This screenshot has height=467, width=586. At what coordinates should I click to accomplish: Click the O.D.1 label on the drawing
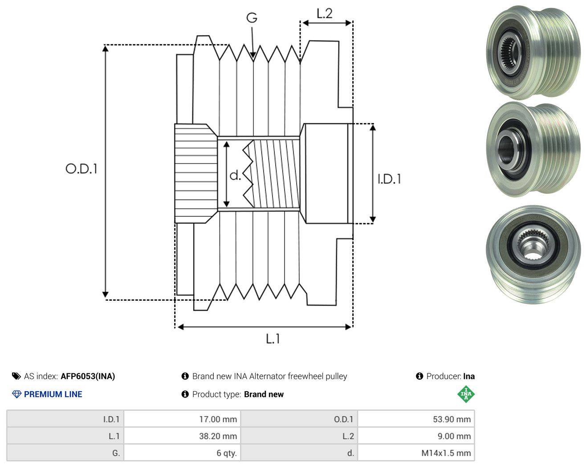pos(81,168)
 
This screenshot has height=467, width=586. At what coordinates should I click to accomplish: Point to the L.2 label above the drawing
pos(324,14)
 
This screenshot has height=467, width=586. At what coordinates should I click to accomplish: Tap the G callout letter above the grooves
pos(252,18)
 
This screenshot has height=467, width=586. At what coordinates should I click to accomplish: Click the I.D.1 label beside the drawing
pos(389,179)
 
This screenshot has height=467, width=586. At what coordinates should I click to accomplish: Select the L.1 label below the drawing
pos(273,339)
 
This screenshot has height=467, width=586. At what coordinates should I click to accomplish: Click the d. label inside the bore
pos(235,175)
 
